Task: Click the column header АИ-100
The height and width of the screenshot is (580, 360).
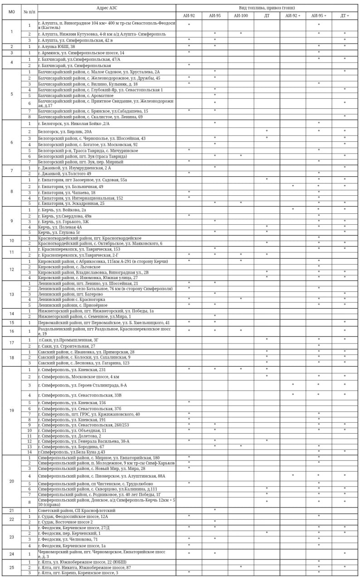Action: pos(241,15)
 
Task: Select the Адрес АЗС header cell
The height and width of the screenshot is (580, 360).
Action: pos(107,8)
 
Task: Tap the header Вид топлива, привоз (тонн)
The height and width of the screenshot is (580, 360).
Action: pos(267,8)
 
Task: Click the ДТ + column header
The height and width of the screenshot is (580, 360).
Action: pos(345,15)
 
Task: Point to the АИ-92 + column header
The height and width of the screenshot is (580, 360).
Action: pos(292,15)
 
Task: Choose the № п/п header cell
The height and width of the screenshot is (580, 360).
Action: pos(29,12)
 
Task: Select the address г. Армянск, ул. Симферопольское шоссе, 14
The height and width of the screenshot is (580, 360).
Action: pos(81,53)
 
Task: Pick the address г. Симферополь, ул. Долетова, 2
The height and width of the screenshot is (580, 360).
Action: pos(70,435)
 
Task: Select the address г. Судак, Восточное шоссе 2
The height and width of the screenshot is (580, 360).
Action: pos(66,522)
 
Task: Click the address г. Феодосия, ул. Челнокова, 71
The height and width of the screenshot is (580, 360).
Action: pos(68,539)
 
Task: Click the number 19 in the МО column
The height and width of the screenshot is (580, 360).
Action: pos(12,411)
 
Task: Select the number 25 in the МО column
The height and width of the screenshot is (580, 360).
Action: pos(12,567)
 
